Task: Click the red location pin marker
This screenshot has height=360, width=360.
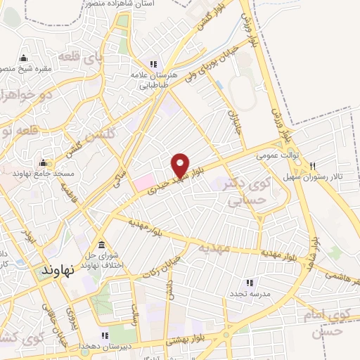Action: pos(181,165)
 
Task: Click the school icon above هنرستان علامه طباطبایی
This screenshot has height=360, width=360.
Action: pos(148,63)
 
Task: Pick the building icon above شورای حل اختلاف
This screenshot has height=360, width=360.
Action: pos(103,245)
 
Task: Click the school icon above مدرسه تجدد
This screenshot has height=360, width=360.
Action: pos(250,282)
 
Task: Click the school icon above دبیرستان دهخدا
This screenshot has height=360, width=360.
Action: pos(104,336)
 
